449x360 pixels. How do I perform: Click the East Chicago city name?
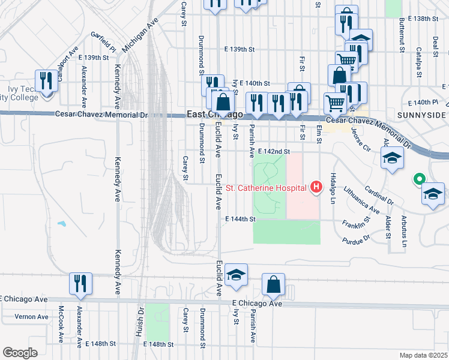click(x=214, y=115)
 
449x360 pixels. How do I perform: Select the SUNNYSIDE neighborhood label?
click(x=421, y=115)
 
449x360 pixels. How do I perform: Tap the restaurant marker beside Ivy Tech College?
click(x=45, y=82)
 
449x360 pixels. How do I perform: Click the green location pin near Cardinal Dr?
click(x=419, y=179)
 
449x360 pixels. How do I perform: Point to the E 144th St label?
click(x=237, y=220)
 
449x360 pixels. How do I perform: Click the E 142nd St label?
click(x=276, y=152)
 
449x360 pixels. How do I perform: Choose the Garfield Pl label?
click(x=103, y=41)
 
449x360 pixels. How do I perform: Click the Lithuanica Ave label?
click(x=362, y=200)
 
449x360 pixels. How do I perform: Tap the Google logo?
click(x=20, y=352)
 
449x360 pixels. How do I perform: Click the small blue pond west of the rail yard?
click(x=61, y=224)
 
